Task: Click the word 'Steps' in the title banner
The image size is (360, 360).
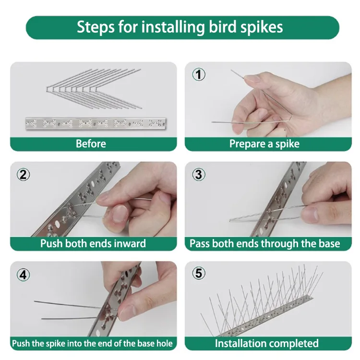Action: [96, 27]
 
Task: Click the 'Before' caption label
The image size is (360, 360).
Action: [91, 144]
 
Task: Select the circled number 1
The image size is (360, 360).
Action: [199, 74]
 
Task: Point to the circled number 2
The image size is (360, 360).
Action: [23, 175]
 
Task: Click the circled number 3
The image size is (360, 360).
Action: [199, 175]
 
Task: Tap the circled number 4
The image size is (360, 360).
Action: [23, 275]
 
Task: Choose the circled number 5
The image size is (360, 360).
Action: [199, 273]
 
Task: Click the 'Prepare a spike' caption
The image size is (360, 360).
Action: [264, 144]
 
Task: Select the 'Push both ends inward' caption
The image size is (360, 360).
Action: [93, 243]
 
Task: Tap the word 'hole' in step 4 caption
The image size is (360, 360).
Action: [164, 344]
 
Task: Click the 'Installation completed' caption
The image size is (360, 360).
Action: [267, 344]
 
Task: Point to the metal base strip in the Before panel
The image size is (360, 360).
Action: [96, 123]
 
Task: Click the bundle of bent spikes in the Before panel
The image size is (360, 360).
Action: [94, 88]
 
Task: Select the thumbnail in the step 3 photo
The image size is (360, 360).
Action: [310, 214]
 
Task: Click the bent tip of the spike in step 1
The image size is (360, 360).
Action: [291, 118]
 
